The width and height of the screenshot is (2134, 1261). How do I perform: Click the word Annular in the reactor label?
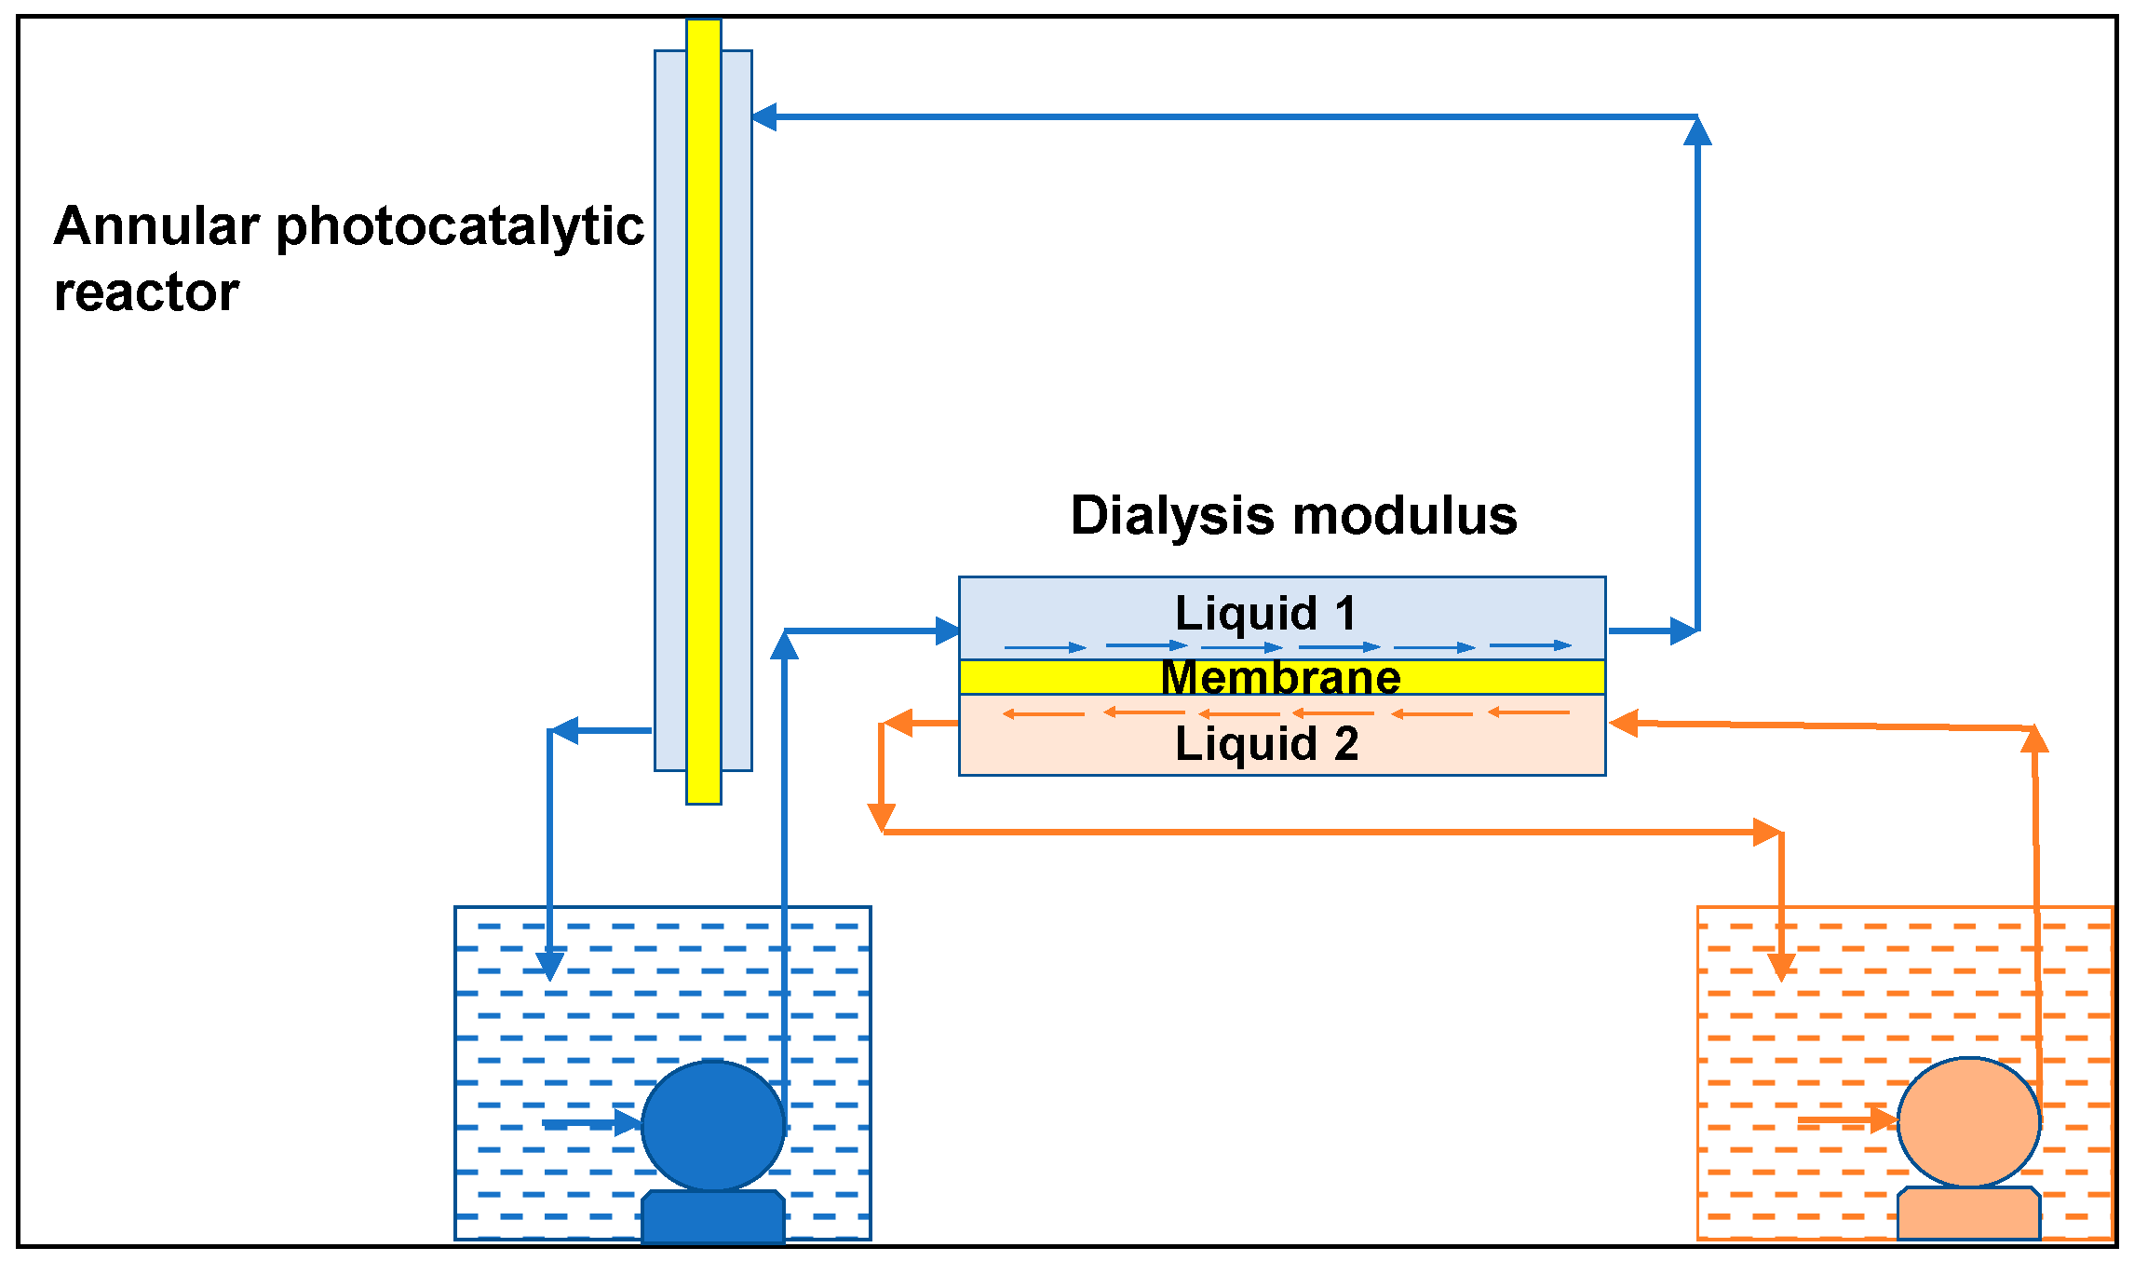[x=155, y=226]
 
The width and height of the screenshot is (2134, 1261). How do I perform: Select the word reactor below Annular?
[x=146, y=292]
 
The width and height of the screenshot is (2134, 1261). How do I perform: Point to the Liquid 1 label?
[x=1265, y=613]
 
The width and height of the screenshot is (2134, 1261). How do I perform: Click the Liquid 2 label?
[x=1266, y=744]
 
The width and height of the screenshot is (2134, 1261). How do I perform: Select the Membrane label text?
[x=1280, y=677]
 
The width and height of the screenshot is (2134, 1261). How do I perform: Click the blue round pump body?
[x=712, y=1125]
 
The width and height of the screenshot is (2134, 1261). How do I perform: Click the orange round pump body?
[x=1968, y=1121]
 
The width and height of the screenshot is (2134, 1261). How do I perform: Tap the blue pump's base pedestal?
[x=712, y=1215]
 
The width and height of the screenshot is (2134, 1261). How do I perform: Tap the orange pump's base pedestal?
[x=1968, y=1213]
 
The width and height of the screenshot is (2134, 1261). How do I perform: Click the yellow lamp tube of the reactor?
[x=704, y=410]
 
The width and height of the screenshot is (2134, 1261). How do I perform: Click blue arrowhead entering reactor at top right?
[x=763, y=117]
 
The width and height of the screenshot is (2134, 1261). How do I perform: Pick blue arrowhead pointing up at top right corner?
[x=1697, y=130]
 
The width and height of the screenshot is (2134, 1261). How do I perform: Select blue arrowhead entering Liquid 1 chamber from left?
[x=947, y=630]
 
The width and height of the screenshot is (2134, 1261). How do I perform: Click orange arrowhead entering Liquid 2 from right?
[x=1623, y=723]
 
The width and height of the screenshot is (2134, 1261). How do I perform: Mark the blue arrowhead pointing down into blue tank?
[x=549, y=965]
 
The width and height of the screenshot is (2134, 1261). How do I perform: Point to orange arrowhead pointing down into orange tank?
[x=1781, y=967]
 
